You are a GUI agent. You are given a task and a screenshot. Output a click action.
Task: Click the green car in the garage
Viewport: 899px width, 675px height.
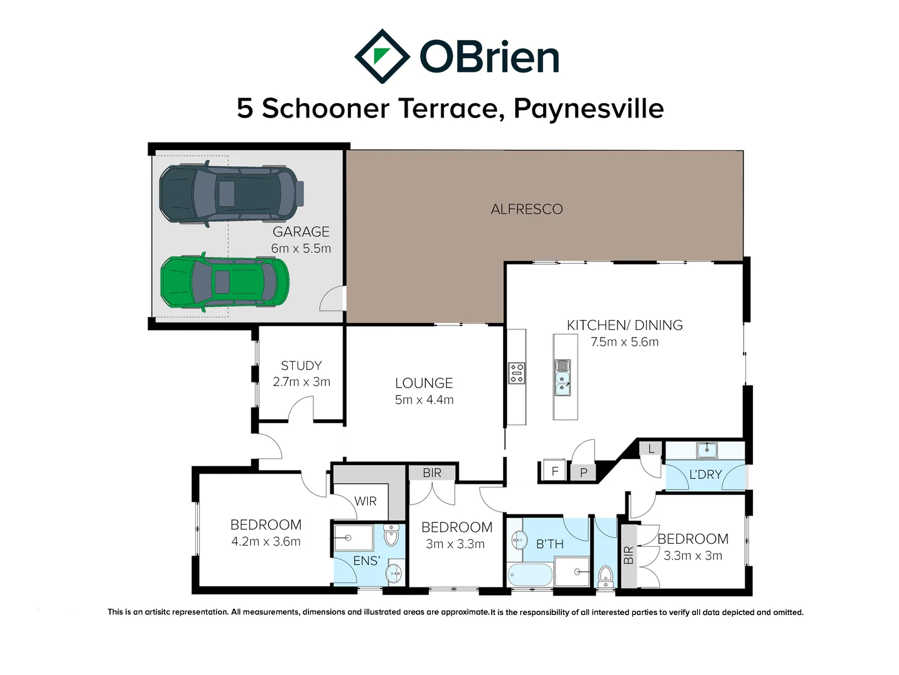point(225,282)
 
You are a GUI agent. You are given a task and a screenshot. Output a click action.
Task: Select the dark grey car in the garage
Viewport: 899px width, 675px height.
point(231,194)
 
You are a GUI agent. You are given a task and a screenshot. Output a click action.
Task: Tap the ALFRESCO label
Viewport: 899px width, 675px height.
point(526,209)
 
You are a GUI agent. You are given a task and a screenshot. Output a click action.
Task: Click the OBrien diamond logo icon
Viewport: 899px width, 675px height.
point(382,56)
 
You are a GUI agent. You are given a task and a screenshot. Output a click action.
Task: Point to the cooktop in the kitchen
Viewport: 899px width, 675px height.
point(516,373)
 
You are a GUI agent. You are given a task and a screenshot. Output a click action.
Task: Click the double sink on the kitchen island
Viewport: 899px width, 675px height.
point(562,377)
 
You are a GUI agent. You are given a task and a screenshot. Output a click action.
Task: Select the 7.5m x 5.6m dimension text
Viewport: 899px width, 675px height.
point(624,342)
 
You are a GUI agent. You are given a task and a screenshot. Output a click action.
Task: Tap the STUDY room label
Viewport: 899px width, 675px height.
point(301,366)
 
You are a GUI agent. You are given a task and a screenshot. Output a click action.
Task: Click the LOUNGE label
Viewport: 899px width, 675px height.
point(424,383)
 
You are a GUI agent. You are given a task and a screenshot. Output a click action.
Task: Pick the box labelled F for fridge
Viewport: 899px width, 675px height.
point(554,471)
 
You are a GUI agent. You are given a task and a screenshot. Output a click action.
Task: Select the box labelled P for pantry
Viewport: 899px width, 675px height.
point(584,472)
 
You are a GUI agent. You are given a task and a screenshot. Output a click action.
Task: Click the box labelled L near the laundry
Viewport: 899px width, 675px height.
point(651,449)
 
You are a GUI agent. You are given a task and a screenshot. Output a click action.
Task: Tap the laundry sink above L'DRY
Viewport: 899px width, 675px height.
point(707,449)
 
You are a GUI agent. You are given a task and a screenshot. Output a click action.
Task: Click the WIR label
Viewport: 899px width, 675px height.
point(365,501)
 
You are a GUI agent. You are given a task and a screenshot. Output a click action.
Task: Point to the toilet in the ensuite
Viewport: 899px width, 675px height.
point(391,536)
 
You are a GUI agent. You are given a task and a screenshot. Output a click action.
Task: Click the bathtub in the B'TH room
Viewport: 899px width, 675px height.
point(530,574)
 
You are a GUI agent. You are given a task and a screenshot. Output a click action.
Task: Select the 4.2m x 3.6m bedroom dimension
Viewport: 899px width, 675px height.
point(266,541)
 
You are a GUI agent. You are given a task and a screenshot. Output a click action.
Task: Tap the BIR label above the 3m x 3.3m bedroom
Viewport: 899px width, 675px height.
point(432,472)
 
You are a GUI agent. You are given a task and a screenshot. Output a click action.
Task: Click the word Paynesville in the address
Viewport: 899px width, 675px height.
point(588,108)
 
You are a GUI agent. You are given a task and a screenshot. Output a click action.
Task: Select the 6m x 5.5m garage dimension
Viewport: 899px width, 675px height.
point(301,248)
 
